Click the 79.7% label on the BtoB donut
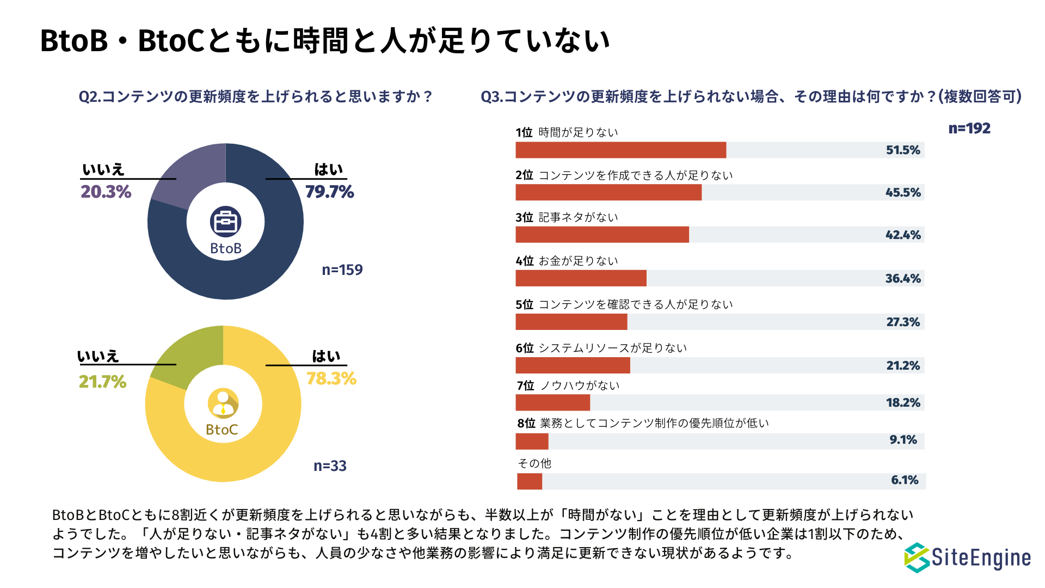[x=329, y=192]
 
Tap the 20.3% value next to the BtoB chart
[x=106, y=192]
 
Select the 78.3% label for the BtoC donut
[x=331, y=378]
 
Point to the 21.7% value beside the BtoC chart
[x=102, y=382]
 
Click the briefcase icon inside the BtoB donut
[x=225, y=222]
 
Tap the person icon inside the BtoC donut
[x=223, y=403]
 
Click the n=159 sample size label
[x=342, y=270]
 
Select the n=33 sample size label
[x=330, y=466]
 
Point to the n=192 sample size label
[x=969, y=128]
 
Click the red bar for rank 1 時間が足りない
[x=620, y=150]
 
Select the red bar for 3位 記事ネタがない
[x=602, y=235]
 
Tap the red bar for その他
[x=530, y=481]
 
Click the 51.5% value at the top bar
[x=903, y=150]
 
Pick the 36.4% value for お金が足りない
[x=903, y=279]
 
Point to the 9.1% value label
[x=903, y=440]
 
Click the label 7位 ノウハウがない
[x=568, y=386]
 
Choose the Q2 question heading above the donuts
[x=255, y=97]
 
